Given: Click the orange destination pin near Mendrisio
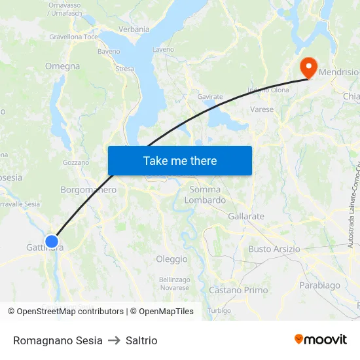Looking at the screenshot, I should coord(308,66).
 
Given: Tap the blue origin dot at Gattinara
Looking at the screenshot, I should coord(52,242).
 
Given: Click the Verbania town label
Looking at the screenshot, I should coord(134,29).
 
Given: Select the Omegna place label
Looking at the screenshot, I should coord(62,66).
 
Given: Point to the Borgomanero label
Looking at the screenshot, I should coord(88,190).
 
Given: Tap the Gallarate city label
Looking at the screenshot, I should coord(246,216).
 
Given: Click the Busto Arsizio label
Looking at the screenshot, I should coord(274,249).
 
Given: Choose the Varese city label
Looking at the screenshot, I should coord(262,109).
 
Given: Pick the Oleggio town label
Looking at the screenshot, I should coord(171,259).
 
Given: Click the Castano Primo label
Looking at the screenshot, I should coord(238,290).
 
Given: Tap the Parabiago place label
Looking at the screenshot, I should coord(319,285).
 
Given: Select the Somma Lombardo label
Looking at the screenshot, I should coord(205,195).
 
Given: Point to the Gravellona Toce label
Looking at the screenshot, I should coord(73,37).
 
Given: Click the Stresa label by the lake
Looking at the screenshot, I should coord(124,69).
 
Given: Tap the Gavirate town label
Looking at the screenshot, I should coord(210,97).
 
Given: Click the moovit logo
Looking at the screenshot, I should coord(320,339).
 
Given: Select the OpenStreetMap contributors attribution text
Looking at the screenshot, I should coord(70,312).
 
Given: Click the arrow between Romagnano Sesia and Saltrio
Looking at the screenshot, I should coord(114,340).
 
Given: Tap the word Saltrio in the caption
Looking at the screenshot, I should coord(141,340).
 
